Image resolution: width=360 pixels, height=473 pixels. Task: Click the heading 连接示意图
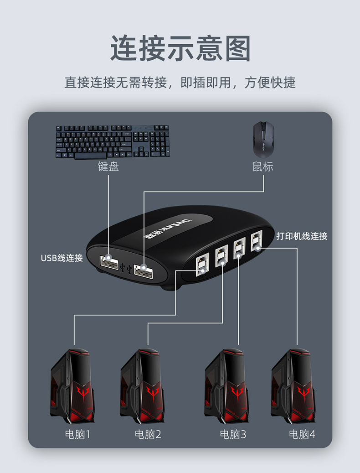click(x=180, y=49)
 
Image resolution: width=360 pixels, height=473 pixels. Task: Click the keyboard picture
click(x=113, y=141)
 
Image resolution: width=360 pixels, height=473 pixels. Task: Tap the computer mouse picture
click(x=263, y=139)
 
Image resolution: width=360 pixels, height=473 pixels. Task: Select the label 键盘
click(x=108, y=166)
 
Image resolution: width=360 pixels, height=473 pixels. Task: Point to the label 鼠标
click(x=263, y=166)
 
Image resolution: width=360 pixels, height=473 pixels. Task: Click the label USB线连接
click(x=62, y=258)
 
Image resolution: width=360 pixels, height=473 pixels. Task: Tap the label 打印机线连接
click(x=302, y=236)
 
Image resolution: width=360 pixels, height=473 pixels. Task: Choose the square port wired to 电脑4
click(x=257, y=242)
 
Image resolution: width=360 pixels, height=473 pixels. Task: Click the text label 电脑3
click(x=233, y=434)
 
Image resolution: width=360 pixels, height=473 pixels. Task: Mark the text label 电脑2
click(x=148, y=434)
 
